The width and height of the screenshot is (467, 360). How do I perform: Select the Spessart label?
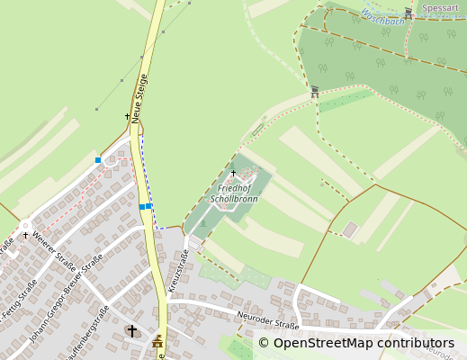[x=440, y=8]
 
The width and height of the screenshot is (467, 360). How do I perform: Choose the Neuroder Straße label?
[x=267, y=319]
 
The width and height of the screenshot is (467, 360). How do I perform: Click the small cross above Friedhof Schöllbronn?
[x=233, y=173]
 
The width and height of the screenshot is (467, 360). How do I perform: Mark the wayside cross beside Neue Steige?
[x=127, y=116]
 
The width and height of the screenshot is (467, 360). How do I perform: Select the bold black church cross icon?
[x=132, y=331]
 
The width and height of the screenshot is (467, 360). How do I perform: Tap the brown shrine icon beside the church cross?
[x=157, y=341]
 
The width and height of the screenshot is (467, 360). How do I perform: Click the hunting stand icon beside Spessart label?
[x=409, y=13]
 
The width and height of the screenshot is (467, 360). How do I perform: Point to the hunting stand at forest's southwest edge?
[x=315, y=90]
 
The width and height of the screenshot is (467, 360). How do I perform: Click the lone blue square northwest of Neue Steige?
[x=98, y=160]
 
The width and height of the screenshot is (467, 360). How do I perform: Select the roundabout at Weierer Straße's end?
[x=24, y=225]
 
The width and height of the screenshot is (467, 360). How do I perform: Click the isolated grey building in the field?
[x=349, y=229]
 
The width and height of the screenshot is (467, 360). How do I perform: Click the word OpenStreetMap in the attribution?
[x=322, y=343]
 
